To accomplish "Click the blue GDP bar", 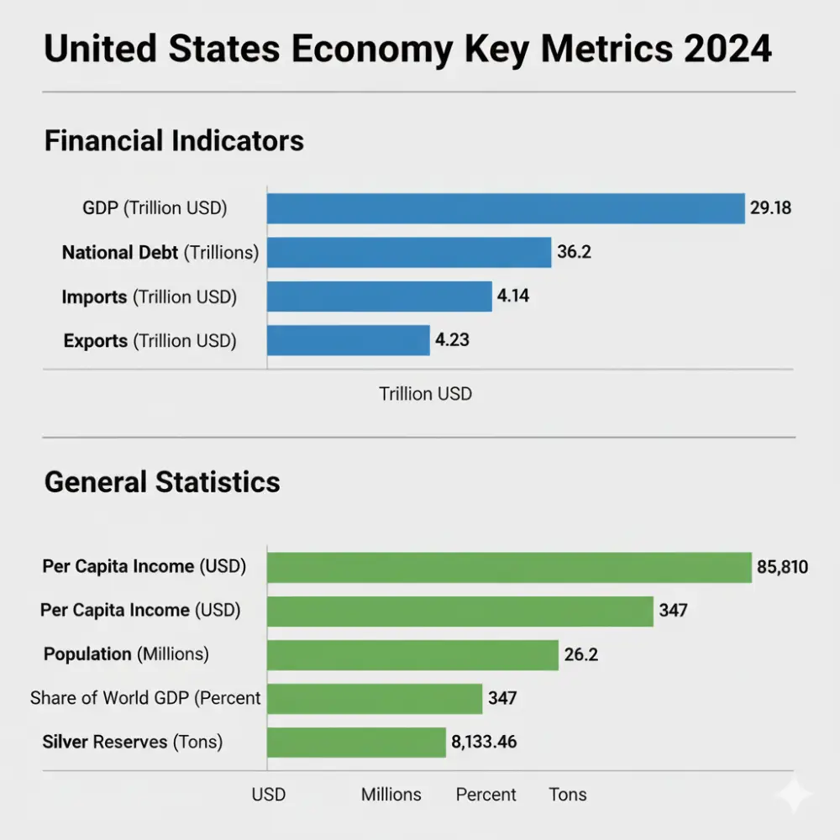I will tap(506, 208).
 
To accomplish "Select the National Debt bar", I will tap(409, 252).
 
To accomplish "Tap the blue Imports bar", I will tap(379, 296).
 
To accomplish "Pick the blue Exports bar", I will tap(349, 340).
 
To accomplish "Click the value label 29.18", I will tap(769, 208).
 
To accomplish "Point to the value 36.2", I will tap(574, 252).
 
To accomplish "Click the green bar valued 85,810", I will tap(509, 567).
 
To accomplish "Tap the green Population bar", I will tap(412, 654).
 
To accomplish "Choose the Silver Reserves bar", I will tap(356, 743).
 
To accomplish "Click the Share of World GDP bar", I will tap(375, 698).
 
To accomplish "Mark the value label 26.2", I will tap(580, 654).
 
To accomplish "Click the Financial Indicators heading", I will tap(174, 140).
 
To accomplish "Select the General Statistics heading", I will tap(162, 482).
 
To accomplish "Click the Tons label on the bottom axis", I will tap(568, 795).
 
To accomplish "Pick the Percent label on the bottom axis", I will tap(486, 795).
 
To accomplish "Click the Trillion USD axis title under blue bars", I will tap(425, 393).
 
